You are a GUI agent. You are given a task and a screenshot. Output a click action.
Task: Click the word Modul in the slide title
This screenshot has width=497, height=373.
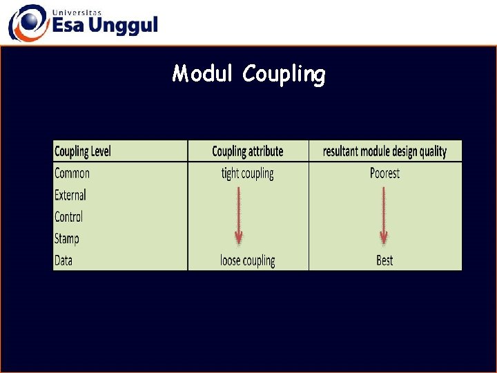pyautogui.click(x=204, y=73)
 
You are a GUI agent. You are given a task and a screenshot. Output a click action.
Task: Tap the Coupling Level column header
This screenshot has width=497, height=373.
pyautogui.click(x=82, y=151)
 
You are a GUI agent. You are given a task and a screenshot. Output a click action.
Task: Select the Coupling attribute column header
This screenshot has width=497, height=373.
pyautogui.click(x=247, y=151)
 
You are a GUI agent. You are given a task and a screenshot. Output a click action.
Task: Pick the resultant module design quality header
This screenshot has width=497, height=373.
pyautogui.click(x=384, y=151)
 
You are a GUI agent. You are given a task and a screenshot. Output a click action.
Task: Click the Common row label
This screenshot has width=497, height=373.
pyautogui.click(x=72, y=173)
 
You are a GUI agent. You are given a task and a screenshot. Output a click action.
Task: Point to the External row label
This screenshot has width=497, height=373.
pyautogui.click(x=70, y=195)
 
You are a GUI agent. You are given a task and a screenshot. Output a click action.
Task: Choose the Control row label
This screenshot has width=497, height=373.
pyautogui.click(x=68, y=217)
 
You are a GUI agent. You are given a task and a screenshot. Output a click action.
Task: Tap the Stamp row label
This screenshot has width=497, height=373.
pyautogui.click(x=67, y=239)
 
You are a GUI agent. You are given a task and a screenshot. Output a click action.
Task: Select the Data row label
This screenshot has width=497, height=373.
pyautogui.click(x=64, y=260)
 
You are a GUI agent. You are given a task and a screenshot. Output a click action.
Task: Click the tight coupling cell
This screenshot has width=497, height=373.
pyautogui.click(x=247, y=173)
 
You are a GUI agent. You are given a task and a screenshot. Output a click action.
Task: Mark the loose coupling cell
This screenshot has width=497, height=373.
pyautogui.click(x=247, y=260)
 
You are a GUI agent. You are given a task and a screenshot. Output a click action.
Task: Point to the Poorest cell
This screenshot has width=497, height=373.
pyautogui.click(x=384, y=173)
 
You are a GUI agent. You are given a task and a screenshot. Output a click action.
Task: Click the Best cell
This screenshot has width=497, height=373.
pyautogui.click(x=384, y=260)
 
